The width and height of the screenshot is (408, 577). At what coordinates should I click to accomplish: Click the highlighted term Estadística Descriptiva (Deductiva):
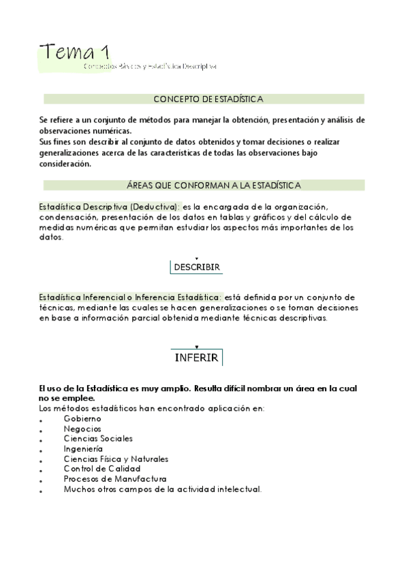(110, 207)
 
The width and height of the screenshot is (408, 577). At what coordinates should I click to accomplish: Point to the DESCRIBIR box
(197, 267)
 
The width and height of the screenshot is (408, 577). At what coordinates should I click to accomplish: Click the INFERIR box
(196, 357)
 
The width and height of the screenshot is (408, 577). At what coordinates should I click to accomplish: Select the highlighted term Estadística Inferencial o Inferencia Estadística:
(130, 297)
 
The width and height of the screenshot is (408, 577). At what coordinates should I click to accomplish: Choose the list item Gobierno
(82, 418)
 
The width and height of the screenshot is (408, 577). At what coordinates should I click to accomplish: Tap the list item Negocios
(82, 429)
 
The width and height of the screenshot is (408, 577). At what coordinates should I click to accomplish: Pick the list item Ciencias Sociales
(98, 439)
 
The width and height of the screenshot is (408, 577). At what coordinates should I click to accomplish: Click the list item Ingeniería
(83, 449)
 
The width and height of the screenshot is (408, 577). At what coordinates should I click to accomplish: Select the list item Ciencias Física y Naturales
(116, 459)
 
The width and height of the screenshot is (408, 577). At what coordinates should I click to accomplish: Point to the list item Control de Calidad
(102, 469)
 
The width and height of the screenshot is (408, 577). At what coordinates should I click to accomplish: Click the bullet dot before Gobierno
(41, 421)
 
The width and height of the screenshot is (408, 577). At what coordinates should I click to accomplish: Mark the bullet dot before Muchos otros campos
(41, 491)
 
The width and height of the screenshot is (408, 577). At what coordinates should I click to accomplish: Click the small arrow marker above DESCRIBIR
(196, 258)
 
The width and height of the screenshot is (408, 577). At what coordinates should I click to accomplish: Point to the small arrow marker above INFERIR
(196, 347)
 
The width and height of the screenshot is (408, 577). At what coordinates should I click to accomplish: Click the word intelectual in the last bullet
(236, 489)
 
